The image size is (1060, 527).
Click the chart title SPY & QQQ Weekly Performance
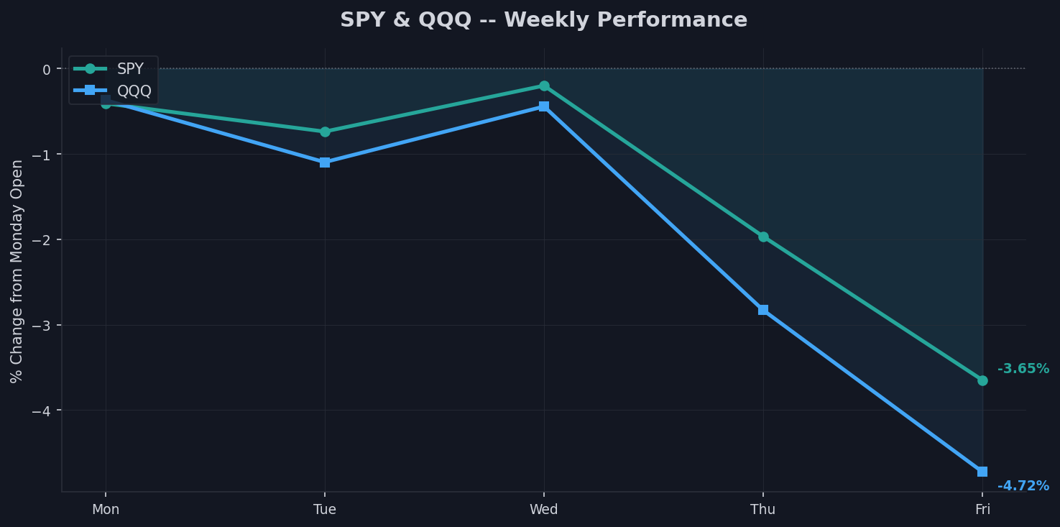(x=543, y=20)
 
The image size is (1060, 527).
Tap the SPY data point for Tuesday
(x=325, y=132)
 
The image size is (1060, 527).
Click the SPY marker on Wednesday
(x=544, y=86)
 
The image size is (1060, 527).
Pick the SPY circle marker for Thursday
(x=763, y=237)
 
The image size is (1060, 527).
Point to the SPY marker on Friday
(x=982, y=380)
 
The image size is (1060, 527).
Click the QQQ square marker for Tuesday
(x=325, y=162)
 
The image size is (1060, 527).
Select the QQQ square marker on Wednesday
(x=544, y=106)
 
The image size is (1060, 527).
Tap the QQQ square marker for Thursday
(x=763, y=310)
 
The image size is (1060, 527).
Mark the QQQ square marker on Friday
(x=982, y=472)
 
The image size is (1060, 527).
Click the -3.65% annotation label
(x=1023, y=369)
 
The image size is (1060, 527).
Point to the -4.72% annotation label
(x=1023, y=486)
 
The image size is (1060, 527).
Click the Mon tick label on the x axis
(x=106, y=510)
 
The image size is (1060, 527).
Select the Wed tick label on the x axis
(x=544, y=510)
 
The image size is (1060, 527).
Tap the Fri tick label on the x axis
(x=982, y=510)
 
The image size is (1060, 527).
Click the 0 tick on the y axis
(x=47, y=69)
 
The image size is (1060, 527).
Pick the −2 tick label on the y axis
(x=42, y=239)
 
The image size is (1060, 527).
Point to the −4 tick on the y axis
(x=42, y=411)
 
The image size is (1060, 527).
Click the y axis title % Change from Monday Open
(x=17, y=270)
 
